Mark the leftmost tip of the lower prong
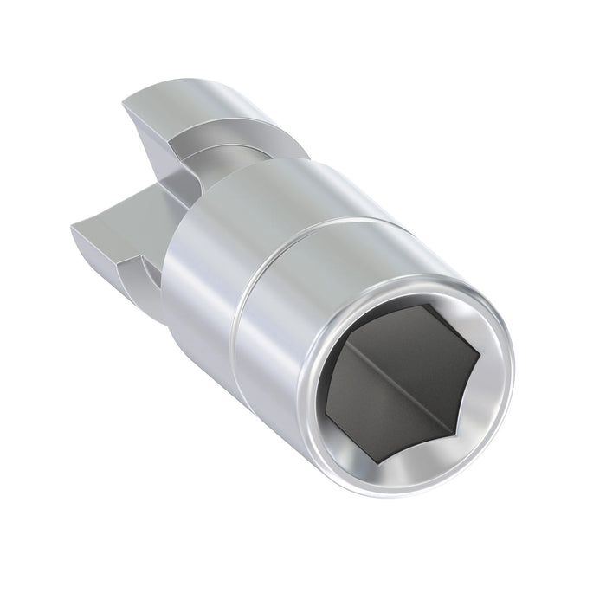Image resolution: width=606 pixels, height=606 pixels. [x=71, y=223]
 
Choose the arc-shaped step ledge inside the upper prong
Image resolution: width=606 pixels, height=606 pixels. [x=203, y=134]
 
